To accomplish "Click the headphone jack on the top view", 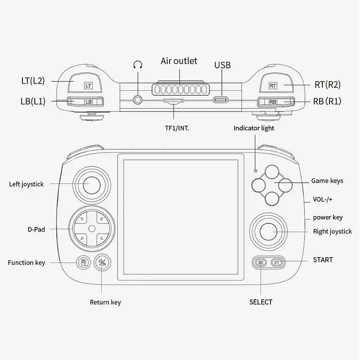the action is [138, 100].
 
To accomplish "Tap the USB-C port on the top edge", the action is [220, 100].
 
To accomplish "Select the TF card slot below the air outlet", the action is [173, 101].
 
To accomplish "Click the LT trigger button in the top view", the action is [85, 83].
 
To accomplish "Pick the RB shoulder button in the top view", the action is [276, 102].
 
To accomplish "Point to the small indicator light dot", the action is [256, 171].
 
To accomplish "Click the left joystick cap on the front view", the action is [92, 185].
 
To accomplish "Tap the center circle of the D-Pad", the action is [92, 229].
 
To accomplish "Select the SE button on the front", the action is [261, 262].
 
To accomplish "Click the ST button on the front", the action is [277, 262].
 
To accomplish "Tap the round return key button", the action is [102, 262].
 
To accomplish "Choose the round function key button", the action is [83, 262].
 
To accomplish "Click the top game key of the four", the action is [272, 172].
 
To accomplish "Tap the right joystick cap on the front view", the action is [268, 231].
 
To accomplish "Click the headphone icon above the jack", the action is [138, 65].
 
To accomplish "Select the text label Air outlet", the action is [179, 61].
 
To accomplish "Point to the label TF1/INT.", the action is [177, 128].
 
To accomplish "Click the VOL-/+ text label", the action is [322, 199].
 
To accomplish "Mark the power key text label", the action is [328, 218].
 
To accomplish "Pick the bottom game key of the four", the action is [272, 199].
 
